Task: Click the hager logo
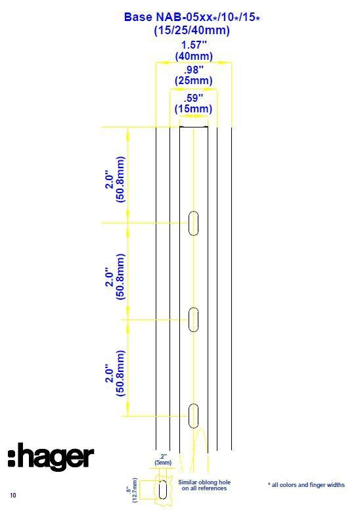(51, 457)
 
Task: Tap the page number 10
(13, 496)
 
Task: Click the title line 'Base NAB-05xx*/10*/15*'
(192, 17)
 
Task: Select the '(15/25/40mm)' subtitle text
(192, 31)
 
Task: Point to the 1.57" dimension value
(194, 45)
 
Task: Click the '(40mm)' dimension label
(194, 56)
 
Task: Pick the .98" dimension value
(194, 70)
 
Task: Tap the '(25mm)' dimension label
(194, 81)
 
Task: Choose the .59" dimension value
(194, 98)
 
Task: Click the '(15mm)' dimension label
(194, 108)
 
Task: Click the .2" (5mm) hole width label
(163, 459)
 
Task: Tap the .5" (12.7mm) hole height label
(132, 490)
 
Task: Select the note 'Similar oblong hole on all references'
(204, 485)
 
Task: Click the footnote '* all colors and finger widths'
(306, 485)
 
